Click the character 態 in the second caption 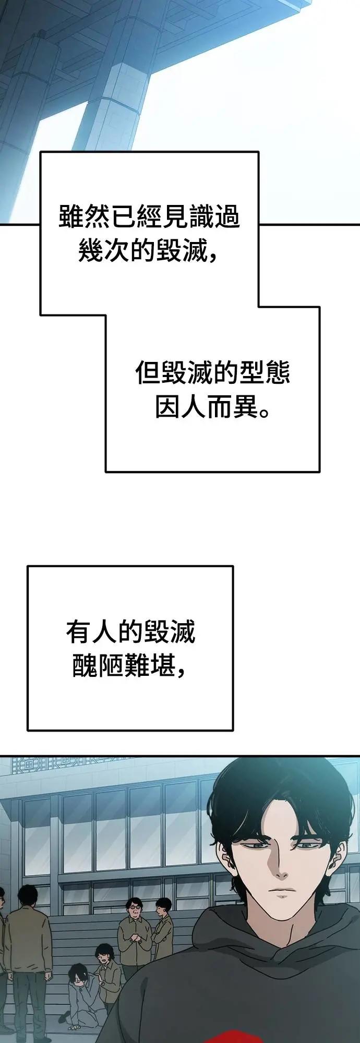(278, 373)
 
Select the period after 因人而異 (265, 414)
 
